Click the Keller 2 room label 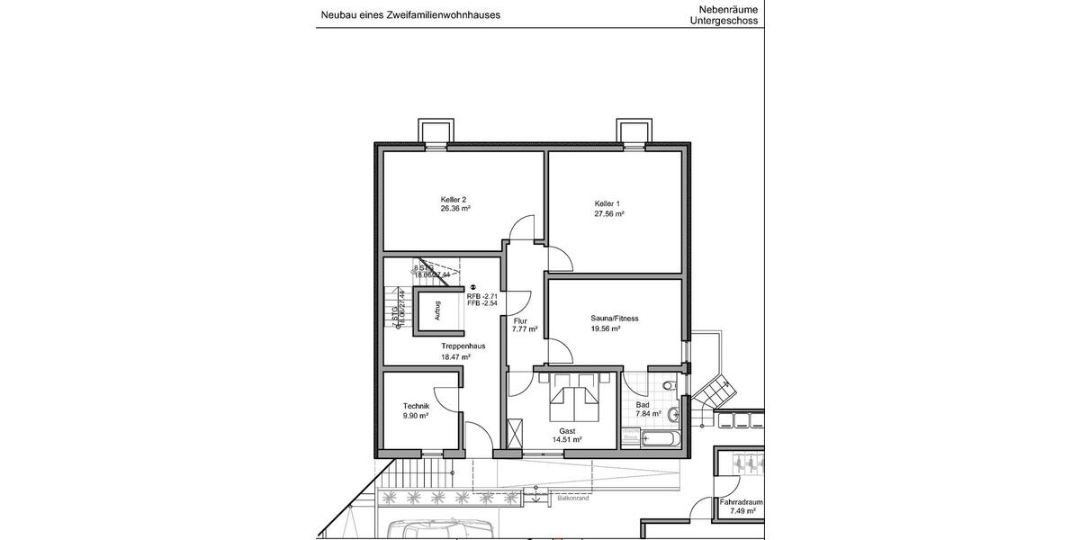pyautogui.click(x=454, y=199)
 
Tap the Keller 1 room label pyautogui.click(x=607, y=203)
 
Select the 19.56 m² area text pyautogui.click(x=609, y=329)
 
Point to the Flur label pyautogui.click(x=519, y=320)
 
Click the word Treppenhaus pyautogui.click(x=463, y=346)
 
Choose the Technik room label pyautogui.click(x=416, y=406)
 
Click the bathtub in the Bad pyautogui.click(x=651, y=439)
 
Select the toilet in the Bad pyautogui.click(x=667, y=386)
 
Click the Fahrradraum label pyautogui.click(x=741, y=501)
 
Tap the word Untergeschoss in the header pyautogui.click(x=724, y=20)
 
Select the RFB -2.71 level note pyautogui.click(x=482, y=296)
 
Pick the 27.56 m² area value pyautogui.click(x=609, y=214)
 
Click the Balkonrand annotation pyautogui.click(x=572, y=498)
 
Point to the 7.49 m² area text pyautogui.click(x=741, y=511)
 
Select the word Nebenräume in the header pyautogui.click(x=728, y=9)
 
